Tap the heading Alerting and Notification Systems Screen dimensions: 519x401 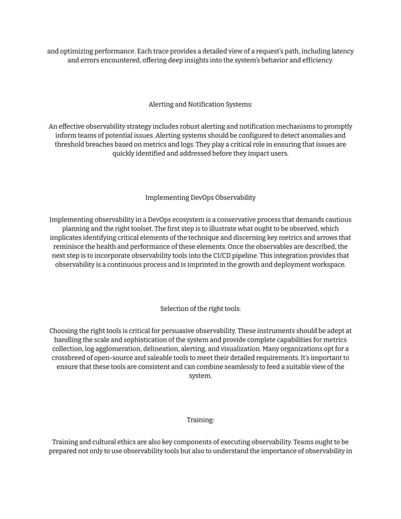200,104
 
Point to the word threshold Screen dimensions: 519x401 71,145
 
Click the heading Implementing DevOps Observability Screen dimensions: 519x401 200,197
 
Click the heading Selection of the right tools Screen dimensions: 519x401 200,309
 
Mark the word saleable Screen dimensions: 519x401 173,358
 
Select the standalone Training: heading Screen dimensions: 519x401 200,420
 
